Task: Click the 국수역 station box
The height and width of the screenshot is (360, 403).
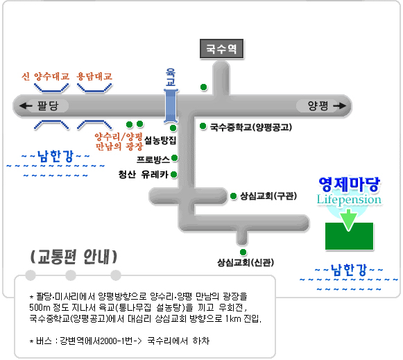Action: point(221,49)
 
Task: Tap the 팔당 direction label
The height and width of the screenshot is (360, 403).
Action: point(48,105)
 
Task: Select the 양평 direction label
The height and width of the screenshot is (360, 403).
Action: point(318,105)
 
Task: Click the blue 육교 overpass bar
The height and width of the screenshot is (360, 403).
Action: point(171,105)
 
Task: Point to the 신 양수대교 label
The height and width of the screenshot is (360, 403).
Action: point(46,76)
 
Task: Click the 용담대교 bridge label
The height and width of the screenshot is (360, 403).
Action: point(94,76)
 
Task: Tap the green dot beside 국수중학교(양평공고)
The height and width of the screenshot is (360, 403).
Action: point(203,126)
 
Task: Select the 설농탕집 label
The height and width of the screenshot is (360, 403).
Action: point(160,140)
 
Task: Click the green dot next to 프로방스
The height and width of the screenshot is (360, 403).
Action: point(175,157)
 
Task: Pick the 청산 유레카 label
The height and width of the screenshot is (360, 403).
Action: point(143,175)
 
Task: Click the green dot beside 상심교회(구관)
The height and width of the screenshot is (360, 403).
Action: point(233,196)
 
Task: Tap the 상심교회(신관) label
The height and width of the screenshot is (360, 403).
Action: point(246,262)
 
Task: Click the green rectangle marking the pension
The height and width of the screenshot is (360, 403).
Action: point(349,236)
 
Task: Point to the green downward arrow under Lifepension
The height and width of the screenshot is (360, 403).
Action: point(348,220)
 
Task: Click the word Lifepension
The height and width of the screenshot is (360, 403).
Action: point(349,200)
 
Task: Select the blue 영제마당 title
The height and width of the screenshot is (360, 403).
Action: point(350,184)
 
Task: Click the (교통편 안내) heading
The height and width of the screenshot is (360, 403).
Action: point(74,257)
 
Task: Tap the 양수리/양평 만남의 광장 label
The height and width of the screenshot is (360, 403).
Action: point(119,142)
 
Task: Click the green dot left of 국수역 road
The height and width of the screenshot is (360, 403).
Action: point(203,87)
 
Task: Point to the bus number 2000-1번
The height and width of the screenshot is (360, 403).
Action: point(120,341)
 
